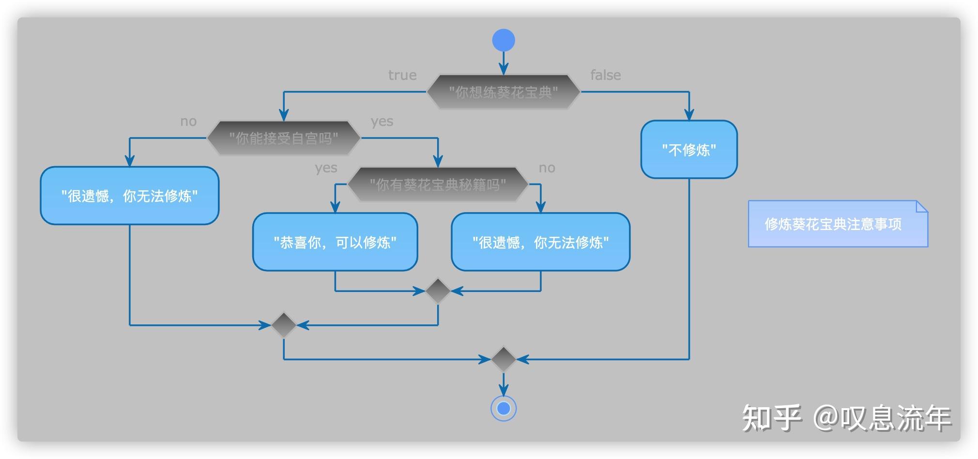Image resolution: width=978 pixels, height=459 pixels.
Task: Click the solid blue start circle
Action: (504, 40)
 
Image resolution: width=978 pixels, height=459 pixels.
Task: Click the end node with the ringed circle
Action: (504, 409)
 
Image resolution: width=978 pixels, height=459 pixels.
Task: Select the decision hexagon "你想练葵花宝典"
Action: (504, 92)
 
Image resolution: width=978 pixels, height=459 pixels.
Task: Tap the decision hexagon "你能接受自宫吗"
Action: (284, 138)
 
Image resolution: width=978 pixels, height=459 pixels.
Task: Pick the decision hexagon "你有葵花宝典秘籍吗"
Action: (438, 184)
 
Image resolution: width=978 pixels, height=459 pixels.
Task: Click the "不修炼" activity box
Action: (689, 150)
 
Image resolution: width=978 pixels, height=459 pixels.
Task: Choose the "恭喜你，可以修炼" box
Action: (335, 242)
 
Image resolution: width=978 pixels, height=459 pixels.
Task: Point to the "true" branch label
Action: (402, 75)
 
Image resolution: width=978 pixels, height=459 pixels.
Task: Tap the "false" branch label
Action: (605, 75)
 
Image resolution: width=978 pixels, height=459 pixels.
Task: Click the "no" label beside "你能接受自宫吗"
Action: (188, 122)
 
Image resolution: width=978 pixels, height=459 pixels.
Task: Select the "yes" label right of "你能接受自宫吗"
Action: (382, 122)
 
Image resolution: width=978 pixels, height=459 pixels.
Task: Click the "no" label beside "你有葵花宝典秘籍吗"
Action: (547, 168)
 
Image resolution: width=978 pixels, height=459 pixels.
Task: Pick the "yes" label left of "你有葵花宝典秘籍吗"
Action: (326, 168)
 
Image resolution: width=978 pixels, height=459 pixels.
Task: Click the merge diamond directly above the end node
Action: (504, 359)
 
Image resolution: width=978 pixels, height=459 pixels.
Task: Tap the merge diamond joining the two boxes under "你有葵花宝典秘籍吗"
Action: (438, 291)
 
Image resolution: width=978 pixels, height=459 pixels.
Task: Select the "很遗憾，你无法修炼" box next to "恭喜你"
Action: (540, 242)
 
